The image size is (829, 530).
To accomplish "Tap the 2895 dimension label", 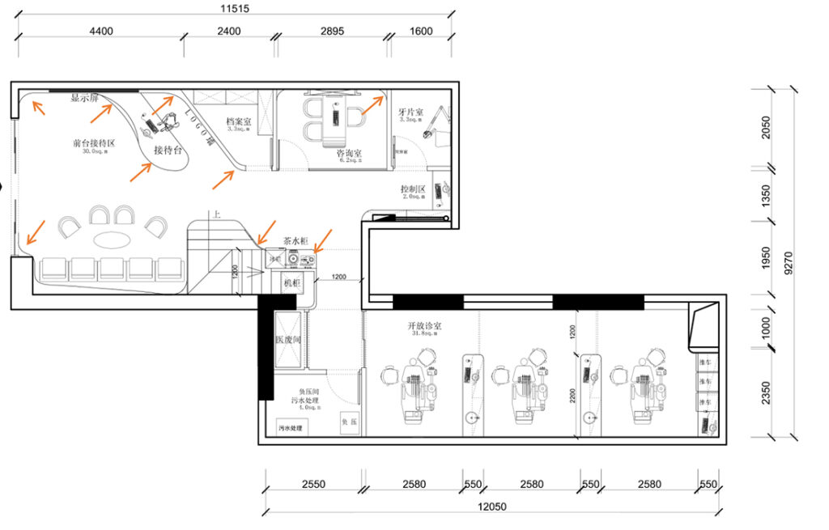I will pyautogui.click(x=332, y=32).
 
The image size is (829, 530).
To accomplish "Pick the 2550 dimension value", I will pyautogui.click(x=313, y=485).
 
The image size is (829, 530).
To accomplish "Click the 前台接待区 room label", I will pyautogui.click(x=94, y=143).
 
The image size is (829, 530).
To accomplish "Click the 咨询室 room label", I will pyautogui.click(x=349, y=153).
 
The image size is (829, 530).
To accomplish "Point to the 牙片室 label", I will pyautogui.click(x=411, y=112).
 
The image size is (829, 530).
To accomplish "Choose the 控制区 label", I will pyautogui.click(x=412, y=189).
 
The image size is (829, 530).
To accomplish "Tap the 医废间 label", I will pyautogui.click(x=287, y=340).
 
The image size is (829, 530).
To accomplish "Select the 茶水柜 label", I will pyautogui.click(x=296, y=241).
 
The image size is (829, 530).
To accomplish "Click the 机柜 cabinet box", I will pyautogui.click(x=291, y=284).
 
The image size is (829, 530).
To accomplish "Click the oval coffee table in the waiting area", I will pyautogui.click(x=117, y=240).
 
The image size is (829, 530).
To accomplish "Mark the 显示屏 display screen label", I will pyautogui.click(x=84, y=98).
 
